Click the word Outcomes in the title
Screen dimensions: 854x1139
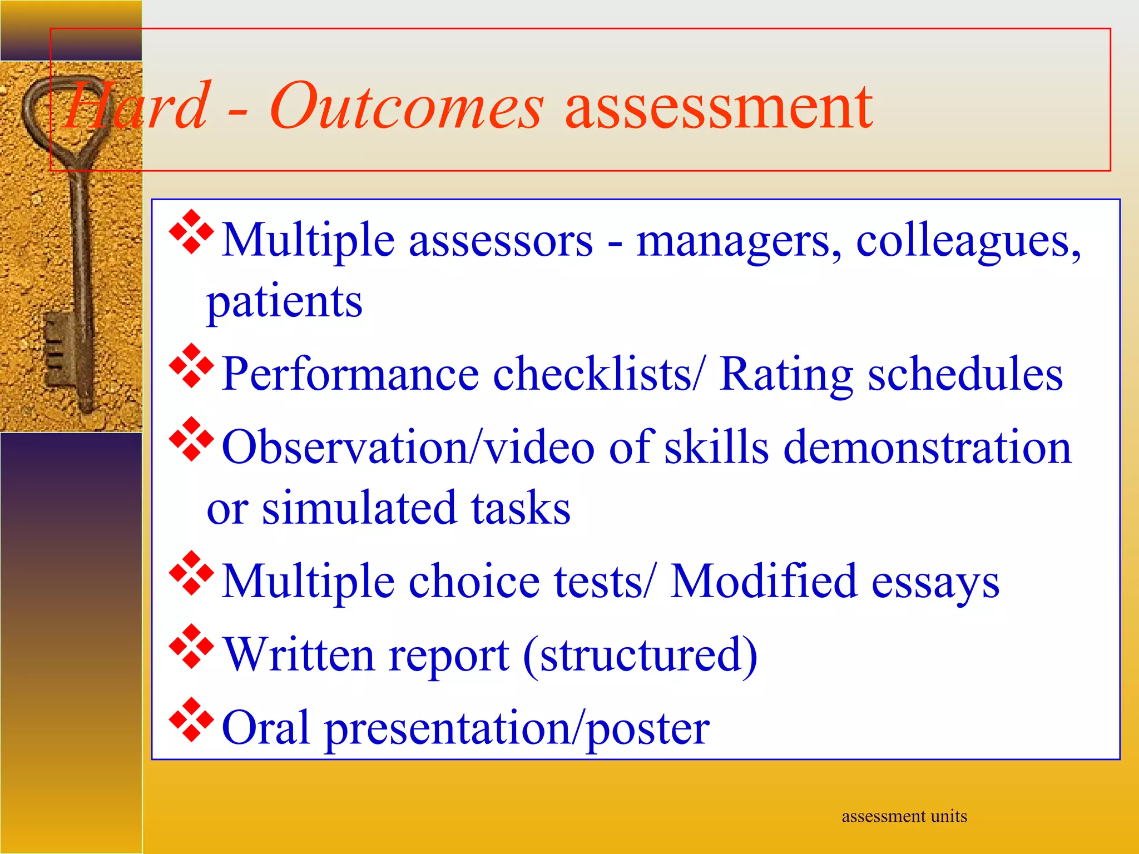(x=406, y=106)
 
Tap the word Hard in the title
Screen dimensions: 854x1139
(x=136, y=106)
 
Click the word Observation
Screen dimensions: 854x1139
(x=345, y=448)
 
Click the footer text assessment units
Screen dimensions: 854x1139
(x=904, y=816)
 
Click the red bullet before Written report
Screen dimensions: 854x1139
(x=191, y=646)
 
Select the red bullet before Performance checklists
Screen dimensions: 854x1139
(x=191, y=366)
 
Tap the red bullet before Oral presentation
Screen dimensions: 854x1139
(x=191, y=719)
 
